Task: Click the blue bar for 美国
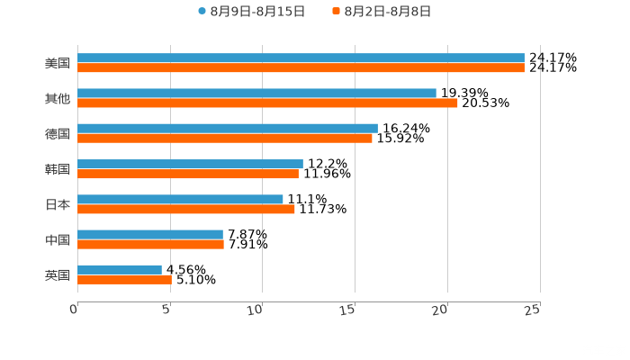point(301,58)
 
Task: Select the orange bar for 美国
point(301,67)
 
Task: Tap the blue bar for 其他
point(256,93)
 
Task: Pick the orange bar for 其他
point(267,103)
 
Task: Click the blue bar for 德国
point(228,128)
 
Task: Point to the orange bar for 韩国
point(188,174)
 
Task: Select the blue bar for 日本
point(180,199)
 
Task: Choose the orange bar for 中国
point(150,244)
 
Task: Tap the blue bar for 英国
point(120,269)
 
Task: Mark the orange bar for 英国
point(124,279)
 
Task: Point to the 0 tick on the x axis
point(75,310)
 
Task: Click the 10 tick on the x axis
point(259,310)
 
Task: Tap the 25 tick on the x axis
point(533,310)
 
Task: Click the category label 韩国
point(58,169)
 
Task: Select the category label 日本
point(58,204)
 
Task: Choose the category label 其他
point(58,98)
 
